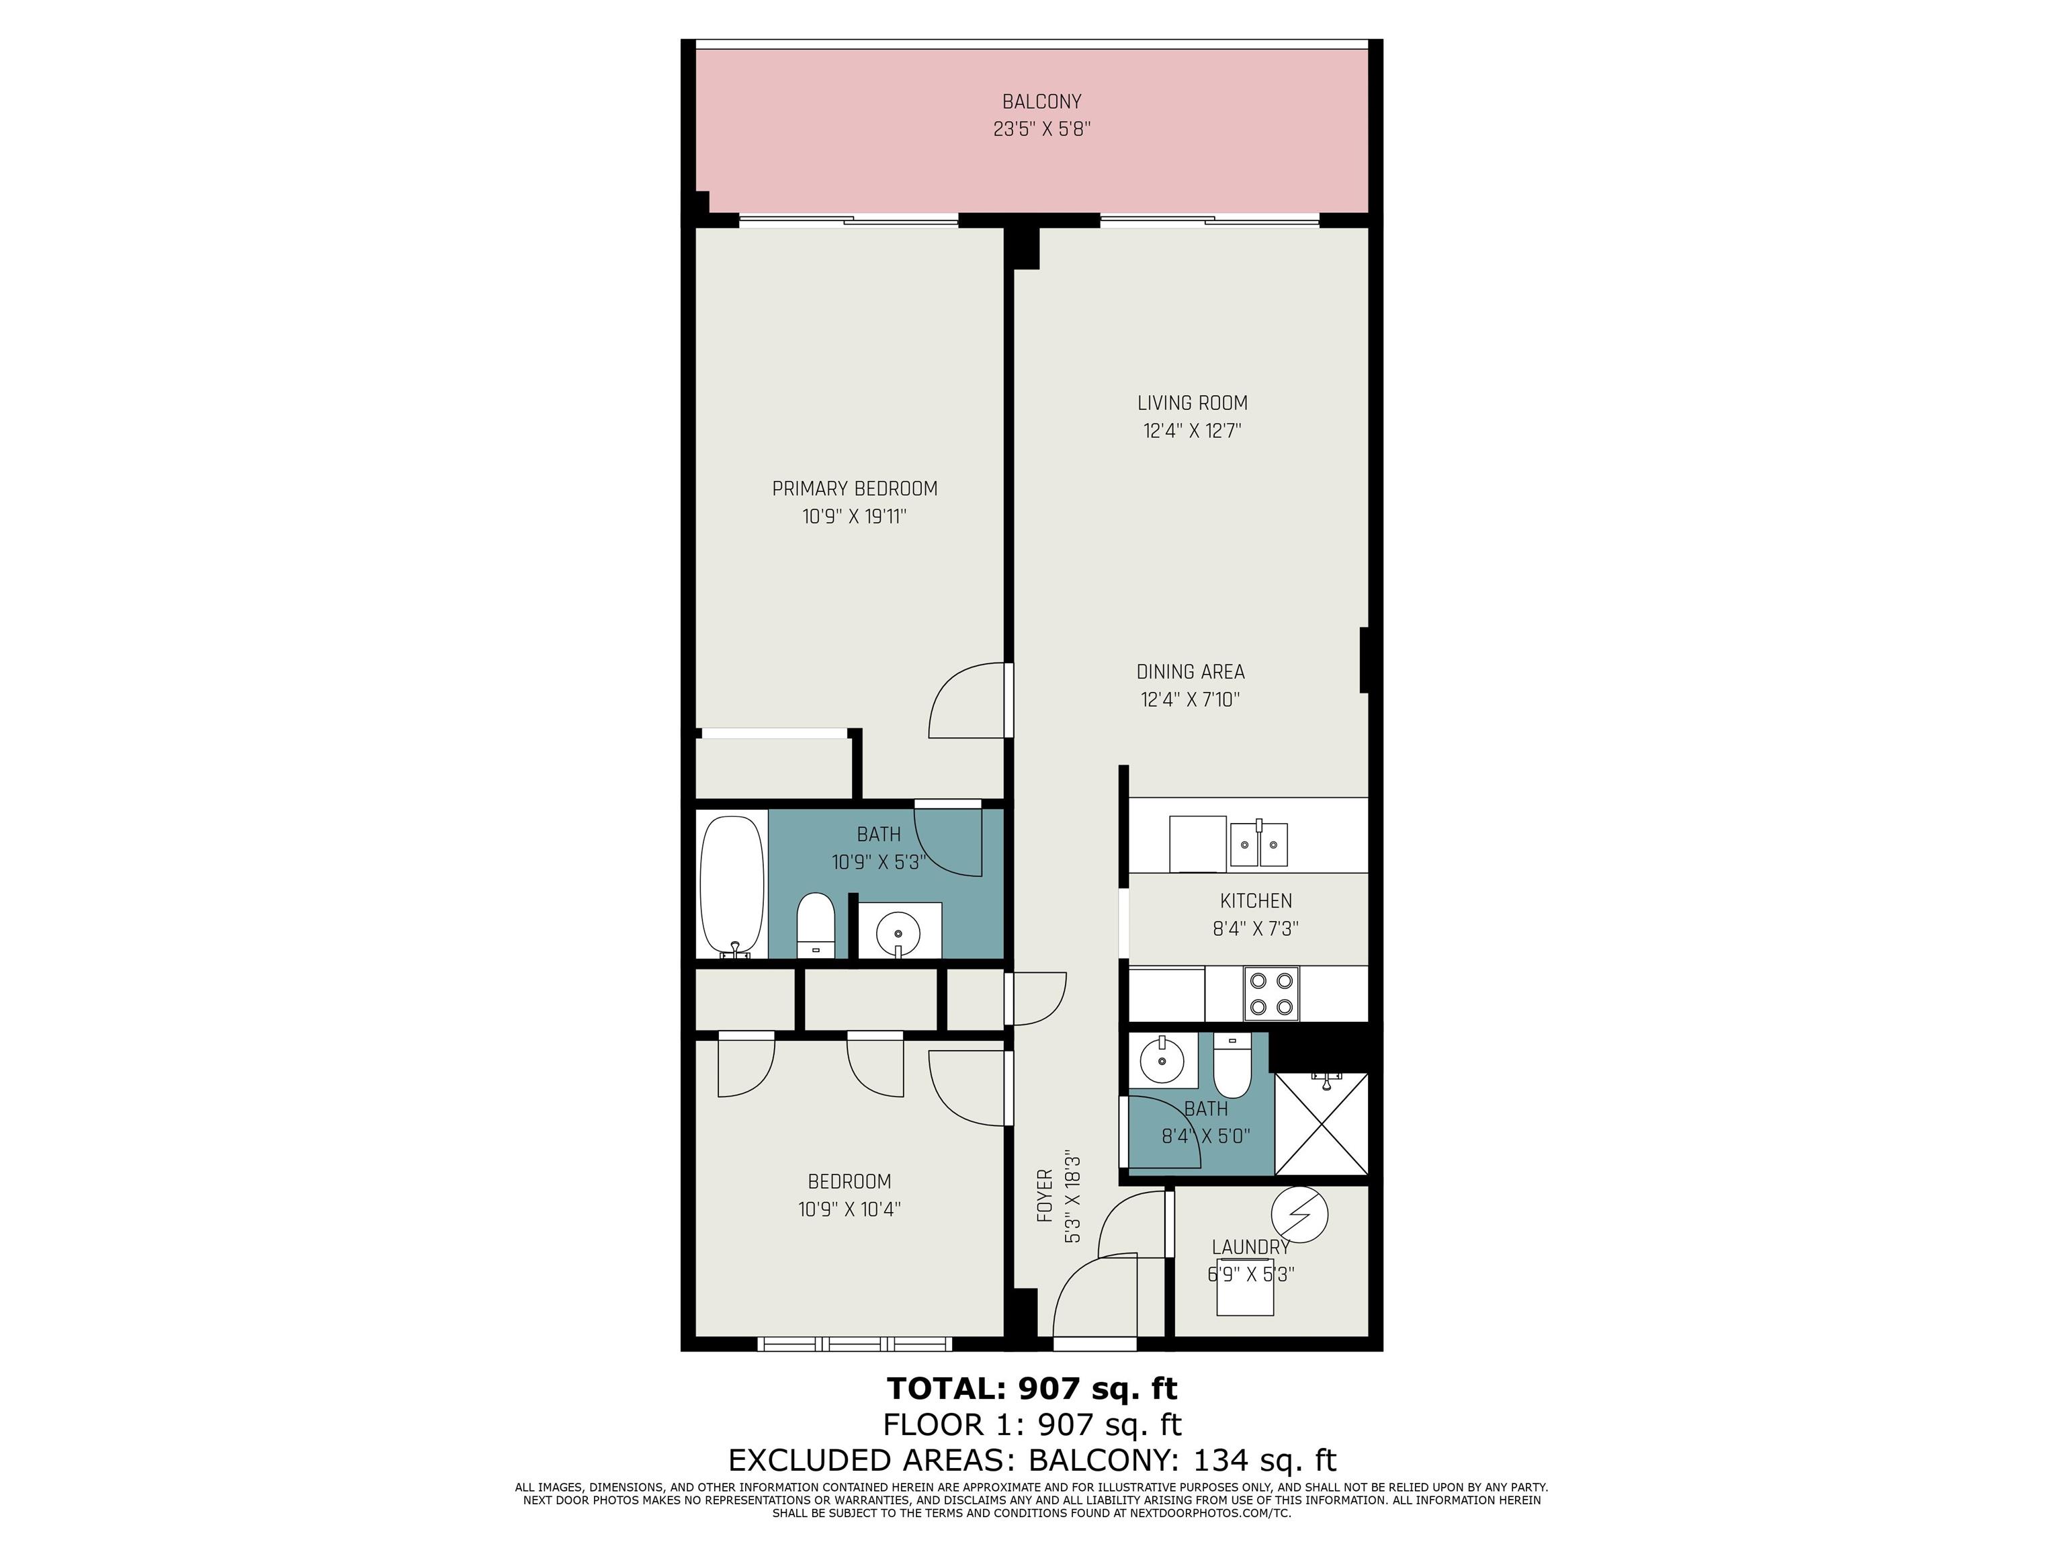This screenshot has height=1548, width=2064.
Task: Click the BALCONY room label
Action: (1041, 101)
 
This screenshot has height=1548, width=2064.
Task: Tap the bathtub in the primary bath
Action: (732, 886)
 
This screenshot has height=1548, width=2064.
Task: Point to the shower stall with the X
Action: (1322, 1124)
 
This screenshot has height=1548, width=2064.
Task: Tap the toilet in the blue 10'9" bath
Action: (816, 924)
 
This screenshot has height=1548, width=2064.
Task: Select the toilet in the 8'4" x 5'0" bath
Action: (1233, 1066)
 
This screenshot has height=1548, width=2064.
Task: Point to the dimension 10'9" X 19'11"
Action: (855, 517)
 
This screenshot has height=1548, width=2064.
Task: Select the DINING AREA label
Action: (1191, 672)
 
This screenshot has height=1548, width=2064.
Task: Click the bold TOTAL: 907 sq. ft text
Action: (1032, 1389)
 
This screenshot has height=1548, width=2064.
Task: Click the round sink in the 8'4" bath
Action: (1162, 1060)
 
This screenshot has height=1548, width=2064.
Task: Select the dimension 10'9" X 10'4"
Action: (849, 1210)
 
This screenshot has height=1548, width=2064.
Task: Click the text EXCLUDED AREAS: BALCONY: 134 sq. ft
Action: (1032, 1460)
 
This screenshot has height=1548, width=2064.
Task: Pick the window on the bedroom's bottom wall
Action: (855, 1344)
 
